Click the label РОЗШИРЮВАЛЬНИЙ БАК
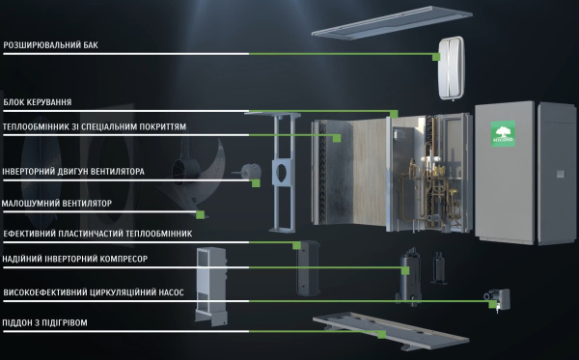click(x=50, y=45)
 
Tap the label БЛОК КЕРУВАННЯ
click(x=38, y=102)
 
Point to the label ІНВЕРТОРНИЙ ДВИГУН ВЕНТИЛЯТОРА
click(x=73, y=172)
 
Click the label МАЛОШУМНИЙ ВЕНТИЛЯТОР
click(x=57, y=204)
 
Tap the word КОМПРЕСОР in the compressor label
click(x=126, y=259)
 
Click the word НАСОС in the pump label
click(x=171, y=292)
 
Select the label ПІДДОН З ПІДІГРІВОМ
click(x=44, y=322)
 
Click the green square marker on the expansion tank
click(x=436, y=57)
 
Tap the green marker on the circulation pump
click(x=492, y=304)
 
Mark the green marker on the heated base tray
click(x=382, y=334)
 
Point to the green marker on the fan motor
click(x=256, y=183)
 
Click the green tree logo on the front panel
click(x=503, y=133)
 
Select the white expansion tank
click(x=452, y=68)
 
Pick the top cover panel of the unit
click(x=392, y=22)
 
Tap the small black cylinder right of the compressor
click(x=439, y=268)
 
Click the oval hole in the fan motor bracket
click(x=282, y=172)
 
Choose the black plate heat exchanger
click(x=308, y=267)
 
